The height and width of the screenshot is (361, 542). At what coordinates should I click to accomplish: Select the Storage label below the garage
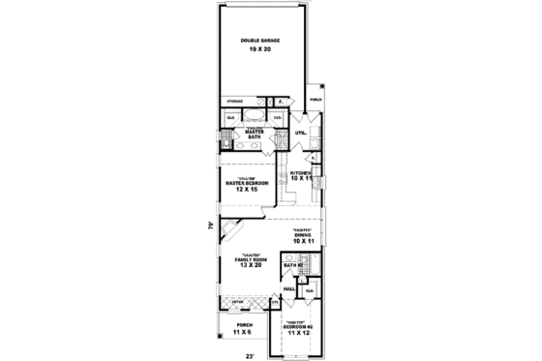pyautogui.click(x=234, y=100)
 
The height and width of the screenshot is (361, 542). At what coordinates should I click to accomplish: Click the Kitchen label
pyautogui.click(x=300, y=172)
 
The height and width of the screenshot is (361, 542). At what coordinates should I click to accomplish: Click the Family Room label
pyautogui.click(x=249, y=259)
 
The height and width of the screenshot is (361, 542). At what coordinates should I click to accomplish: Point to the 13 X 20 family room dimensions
pyautogui.click(x=249, y=266)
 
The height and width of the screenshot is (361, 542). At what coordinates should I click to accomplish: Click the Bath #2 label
pyautogui.click(x=290, y=264)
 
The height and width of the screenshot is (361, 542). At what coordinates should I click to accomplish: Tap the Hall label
pyautogui.click(x=289, y=288)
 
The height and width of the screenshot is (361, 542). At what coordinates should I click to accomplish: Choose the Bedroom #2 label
pyautogui.click(x=297, y=327)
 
